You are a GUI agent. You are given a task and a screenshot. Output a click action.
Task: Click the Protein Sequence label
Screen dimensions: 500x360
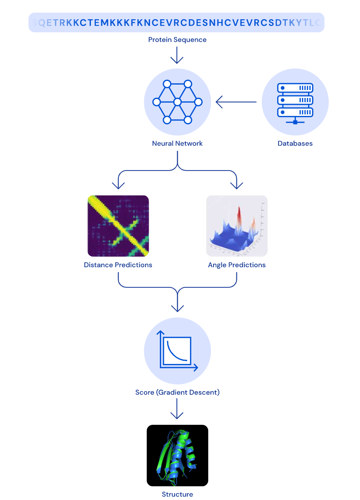point(177,40)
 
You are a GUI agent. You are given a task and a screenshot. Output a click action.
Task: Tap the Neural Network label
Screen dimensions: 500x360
point(177,144)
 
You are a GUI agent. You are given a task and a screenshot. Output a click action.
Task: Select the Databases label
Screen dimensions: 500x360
point(295,144)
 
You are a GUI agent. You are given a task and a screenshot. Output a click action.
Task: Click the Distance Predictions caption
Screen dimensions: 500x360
point(118,265)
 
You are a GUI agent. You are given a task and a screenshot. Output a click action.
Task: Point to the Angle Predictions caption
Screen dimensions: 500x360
point(237,265)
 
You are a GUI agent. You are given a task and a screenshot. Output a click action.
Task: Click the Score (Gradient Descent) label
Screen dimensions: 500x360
point(177,393)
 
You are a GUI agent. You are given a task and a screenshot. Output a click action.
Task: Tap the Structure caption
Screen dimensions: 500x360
point(177,495)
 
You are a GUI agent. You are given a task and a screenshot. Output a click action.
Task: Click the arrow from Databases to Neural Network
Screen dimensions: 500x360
point(236,103)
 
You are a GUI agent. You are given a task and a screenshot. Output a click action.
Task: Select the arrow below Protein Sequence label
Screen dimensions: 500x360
point(177,56)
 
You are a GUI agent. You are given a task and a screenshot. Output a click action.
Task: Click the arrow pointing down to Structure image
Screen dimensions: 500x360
point(177,409)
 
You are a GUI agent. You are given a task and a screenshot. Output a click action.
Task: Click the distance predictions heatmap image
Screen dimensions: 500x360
point(118,226)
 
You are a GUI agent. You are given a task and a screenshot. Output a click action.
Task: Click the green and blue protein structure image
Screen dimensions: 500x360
point(177,455)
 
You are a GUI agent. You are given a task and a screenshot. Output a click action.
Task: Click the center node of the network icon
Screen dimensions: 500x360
point(177,102)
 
